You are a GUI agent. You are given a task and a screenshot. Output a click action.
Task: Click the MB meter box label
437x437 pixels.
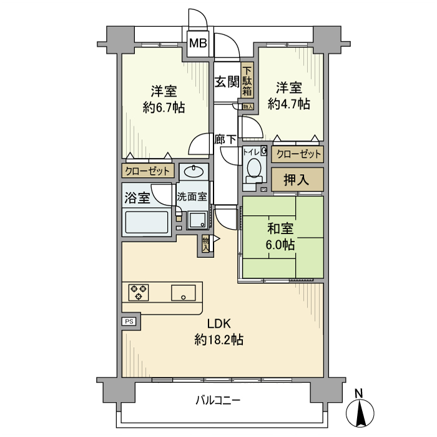coord(199,44)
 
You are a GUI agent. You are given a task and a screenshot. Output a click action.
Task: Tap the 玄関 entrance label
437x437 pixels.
coord(226,82)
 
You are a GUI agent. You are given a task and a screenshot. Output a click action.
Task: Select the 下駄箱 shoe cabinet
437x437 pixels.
coord(247,81)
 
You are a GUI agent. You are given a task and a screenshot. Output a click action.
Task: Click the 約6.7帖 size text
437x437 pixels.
coord(163,107)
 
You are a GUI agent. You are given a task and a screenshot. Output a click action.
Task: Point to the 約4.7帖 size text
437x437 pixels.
coord(288,104)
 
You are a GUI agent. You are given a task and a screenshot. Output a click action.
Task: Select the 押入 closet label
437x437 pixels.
coord(298,180)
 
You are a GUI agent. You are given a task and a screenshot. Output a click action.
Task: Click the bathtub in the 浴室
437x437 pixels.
coord(147,222)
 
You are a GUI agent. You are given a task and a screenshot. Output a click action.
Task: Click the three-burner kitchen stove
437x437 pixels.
coord(139,292)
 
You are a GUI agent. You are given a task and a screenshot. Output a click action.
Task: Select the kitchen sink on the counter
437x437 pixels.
coord(184,292)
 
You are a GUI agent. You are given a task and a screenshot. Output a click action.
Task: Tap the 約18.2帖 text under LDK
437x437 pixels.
coord(219,340)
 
